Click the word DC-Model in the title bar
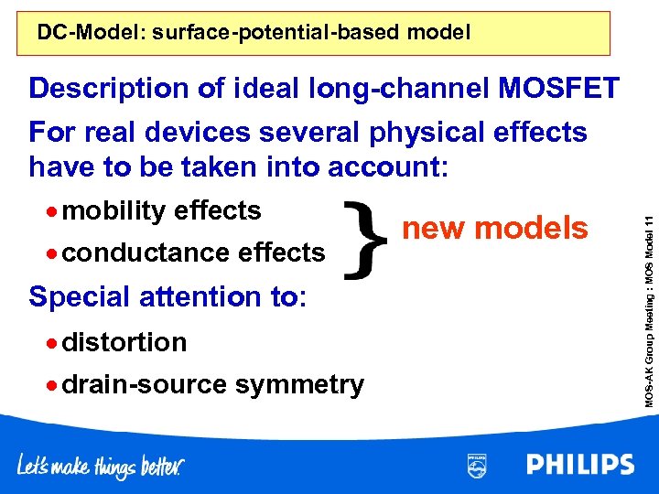(81, 34)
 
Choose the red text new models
(495, 228)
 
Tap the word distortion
(124, 342)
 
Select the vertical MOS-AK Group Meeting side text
(645, 302)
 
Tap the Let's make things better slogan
(101, 466)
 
